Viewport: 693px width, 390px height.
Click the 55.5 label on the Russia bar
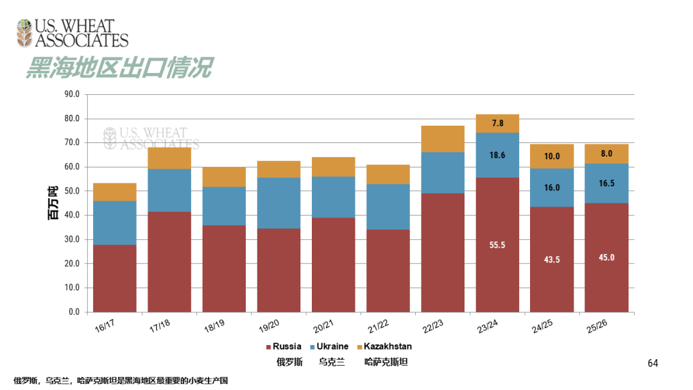(497, 245)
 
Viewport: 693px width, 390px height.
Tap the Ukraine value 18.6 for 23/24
(497, 155)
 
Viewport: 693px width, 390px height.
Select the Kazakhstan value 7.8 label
(497, 123)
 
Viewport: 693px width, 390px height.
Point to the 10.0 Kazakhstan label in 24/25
(552, 156)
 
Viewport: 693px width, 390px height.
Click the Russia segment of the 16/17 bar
(114, 278)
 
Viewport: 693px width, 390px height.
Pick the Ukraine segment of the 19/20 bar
(278, 203)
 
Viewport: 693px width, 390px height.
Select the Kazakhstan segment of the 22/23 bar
(443, 139)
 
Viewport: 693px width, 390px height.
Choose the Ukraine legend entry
(332, 346)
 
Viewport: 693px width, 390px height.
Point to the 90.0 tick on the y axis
(72, 94)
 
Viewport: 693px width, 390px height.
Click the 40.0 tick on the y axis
(72, 215)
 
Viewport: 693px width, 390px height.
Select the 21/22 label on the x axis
(377, 326)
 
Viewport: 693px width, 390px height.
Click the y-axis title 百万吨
(52, 203)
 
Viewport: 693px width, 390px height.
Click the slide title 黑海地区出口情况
(119, 67)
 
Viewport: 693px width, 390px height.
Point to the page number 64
(653, 364)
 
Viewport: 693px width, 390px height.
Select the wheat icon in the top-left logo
(24, 33)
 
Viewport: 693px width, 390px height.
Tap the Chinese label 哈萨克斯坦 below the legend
(386, 362)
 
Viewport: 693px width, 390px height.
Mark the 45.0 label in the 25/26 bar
(606, 257)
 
